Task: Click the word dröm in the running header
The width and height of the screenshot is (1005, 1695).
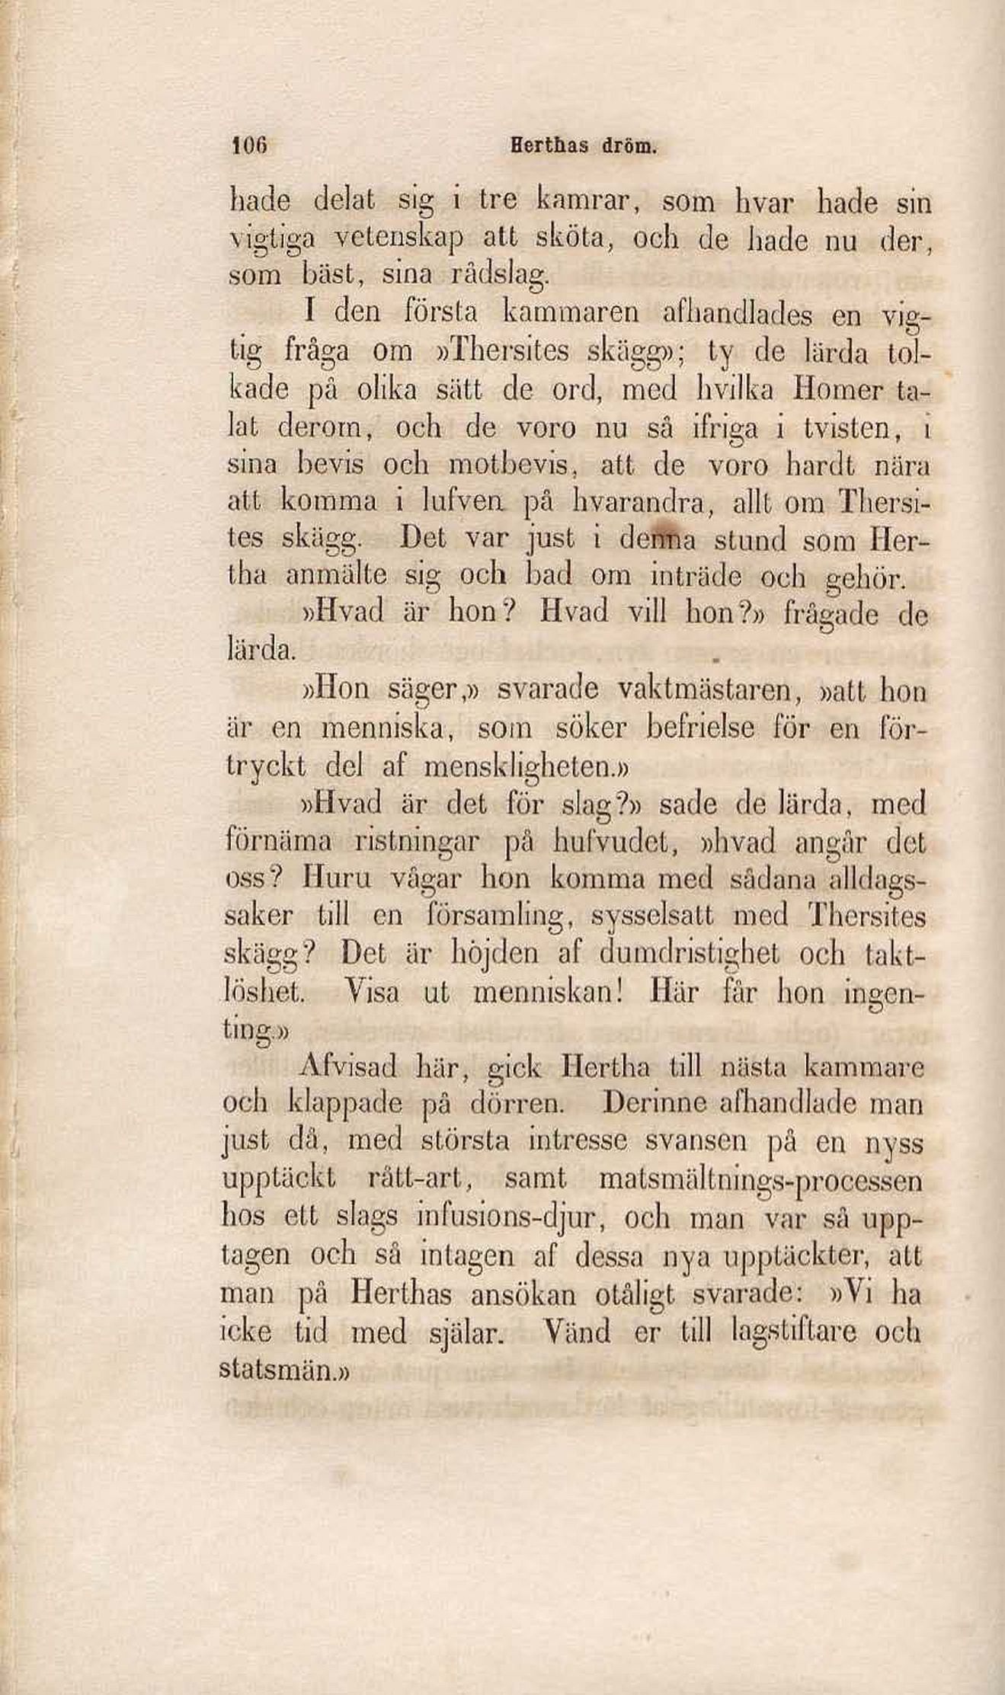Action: coord(629,146)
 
